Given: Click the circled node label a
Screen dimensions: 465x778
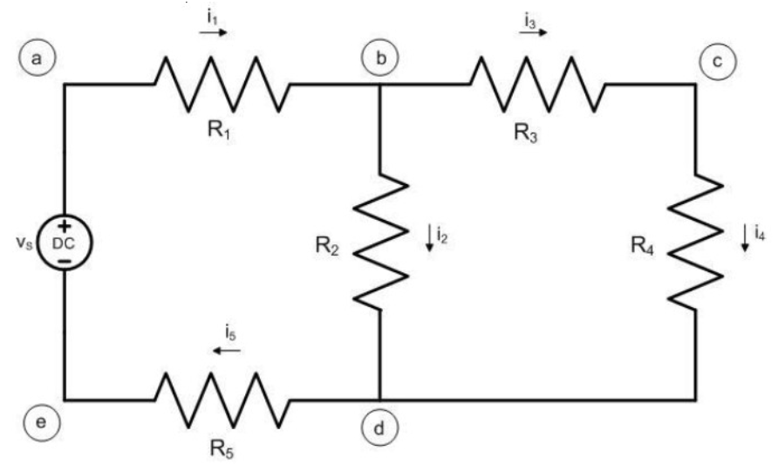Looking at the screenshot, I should click(x=36, y=58).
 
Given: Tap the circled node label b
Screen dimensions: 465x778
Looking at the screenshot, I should click(x=380, y=58).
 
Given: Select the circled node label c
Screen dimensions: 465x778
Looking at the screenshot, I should click(x=717, y=60).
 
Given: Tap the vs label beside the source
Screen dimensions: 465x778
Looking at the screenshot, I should click(x=26, y=242).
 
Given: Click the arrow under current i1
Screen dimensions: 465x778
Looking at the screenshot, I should click(x=213, y=32).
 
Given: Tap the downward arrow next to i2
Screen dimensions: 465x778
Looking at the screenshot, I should click(x=429, y=236).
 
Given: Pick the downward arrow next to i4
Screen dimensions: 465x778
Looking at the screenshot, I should click(x=744, y=237).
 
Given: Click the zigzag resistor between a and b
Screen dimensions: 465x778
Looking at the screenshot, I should click(x=222, y=85).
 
